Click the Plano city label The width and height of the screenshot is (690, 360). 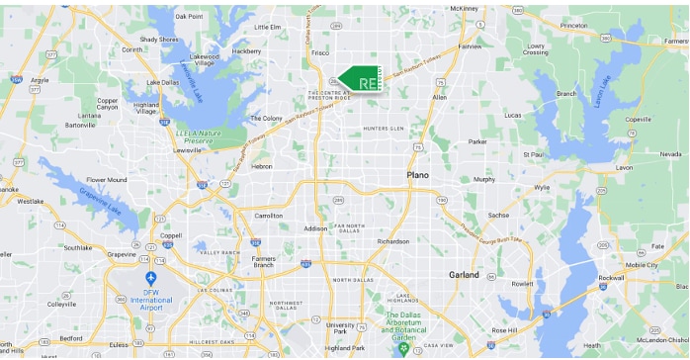(x=418, y=175)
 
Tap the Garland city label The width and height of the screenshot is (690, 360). (x=463, y=274)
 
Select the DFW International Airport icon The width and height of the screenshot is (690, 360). (x=151, y=280)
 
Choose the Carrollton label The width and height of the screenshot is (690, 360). (x=268, y=215)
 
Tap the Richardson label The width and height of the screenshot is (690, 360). (x=392, y=240)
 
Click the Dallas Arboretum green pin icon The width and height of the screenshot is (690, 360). (x=402, y=349)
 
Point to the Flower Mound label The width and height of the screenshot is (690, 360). (x=106, y=180)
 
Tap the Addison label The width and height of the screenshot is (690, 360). (x=315, y=228)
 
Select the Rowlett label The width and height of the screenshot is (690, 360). (x=524, y=282)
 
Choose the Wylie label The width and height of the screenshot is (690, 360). (x=541, y=187)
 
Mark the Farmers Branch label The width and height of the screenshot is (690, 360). (x=263, y=261)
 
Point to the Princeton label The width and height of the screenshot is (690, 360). (x=573, y=24)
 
